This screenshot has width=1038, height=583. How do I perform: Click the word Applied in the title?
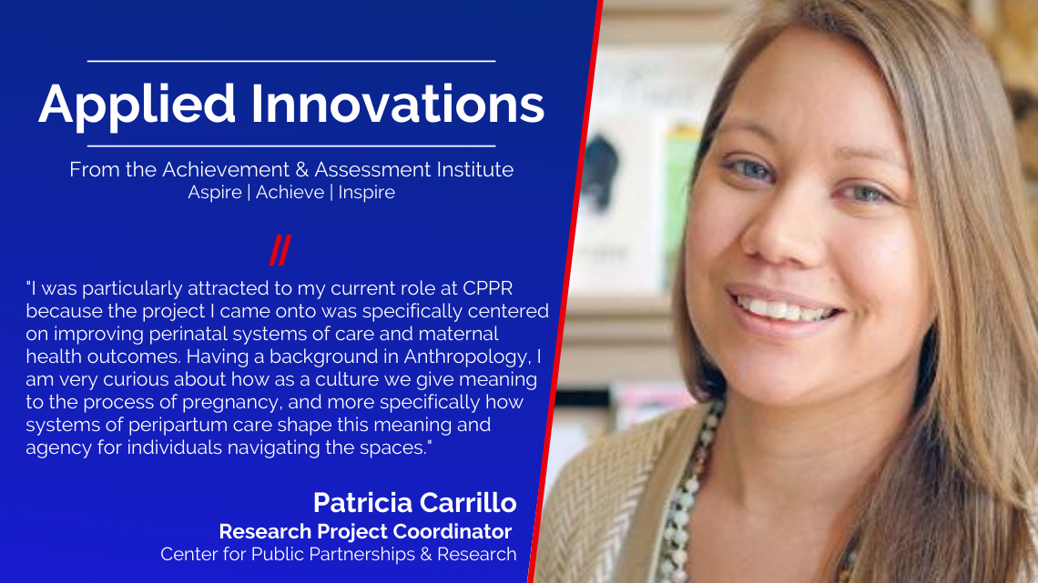137,106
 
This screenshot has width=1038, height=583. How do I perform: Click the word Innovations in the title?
397,104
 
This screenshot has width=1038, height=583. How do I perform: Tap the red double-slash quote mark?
280,250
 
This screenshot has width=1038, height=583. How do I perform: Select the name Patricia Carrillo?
415,503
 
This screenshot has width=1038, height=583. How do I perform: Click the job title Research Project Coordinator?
365,531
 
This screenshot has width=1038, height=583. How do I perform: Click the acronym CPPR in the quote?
488,289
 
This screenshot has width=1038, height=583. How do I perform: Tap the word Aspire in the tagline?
215,193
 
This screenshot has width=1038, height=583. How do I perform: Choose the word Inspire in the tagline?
367,193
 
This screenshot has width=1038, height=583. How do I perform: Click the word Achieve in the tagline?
290,192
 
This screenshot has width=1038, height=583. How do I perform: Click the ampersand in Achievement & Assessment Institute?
302,170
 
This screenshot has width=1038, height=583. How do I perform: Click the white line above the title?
291,61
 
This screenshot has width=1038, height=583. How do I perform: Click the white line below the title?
291,146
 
